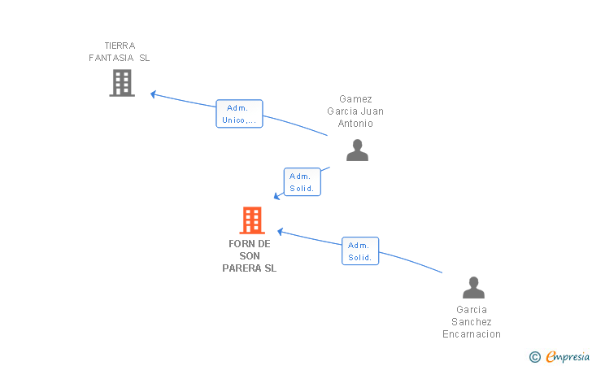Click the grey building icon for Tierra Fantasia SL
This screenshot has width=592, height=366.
coord(122,83)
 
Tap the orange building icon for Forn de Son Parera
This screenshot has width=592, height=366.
coord(252,220)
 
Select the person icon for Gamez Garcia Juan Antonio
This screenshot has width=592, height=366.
coord(357,150)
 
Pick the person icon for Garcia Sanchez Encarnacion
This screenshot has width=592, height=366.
coord(473,288)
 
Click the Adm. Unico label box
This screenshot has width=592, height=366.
coord(239,114)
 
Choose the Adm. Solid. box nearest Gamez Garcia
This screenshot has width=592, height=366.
coord(303,182)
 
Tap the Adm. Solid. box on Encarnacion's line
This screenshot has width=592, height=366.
coord(360,251)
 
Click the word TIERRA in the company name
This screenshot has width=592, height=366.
coord(120,46)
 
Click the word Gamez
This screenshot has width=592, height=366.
coord(356,99)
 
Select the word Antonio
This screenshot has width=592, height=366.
coord(356,124)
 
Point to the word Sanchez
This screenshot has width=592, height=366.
coord(472,322)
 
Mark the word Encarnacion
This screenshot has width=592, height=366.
coord(472,334)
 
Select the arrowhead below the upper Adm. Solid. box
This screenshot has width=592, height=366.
coord(277,196)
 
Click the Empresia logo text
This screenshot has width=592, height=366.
coord(568,356)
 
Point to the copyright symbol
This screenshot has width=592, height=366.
coord(534,356)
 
